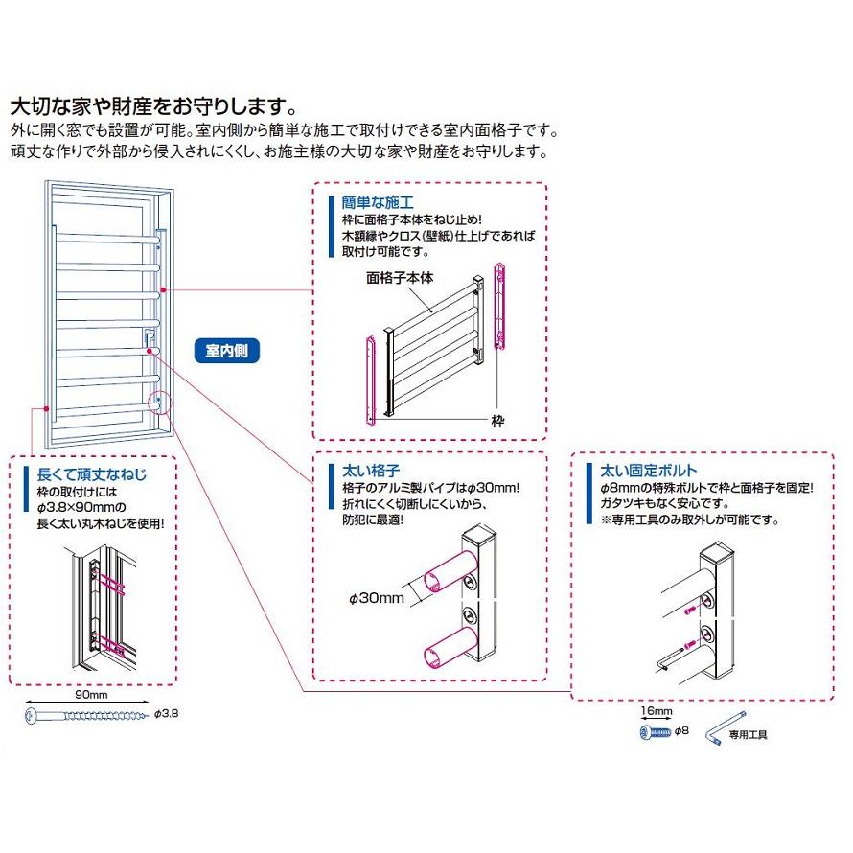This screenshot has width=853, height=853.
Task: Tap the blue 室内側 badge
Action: click(x=226, y=350)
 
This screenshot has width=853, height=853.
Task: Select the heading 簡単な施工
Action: click(x=370, y=203)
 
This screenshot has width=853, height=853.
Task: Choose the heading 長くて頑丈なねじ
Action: click(x=91, y=474)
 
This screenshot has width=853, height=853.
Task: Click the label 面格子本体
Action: click(x=401, y=278)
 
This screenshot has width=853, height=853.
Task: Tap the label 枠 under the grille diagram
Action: click(x=497, y=420)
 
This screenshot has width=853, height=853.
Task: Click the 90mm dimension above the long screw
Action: click(x=89, y=695)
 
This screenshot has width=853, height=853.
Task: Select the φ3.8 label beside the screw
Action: click(x=166, y=715)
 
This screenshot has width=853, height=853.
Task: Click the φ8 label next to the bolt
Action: click(x=682, y=731)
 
